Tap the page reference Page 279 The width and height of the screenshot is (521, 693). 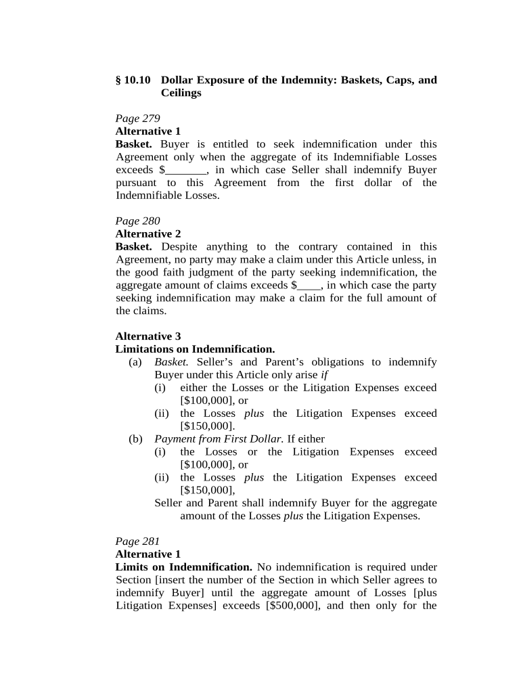click(x=137, y=118)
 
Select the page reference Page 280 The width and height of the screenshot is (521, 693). click(x=137, y=221)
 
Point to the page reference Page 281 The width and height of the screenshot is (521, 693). click(x=137, y=541)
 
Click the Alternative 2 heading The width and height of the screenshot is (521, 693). click(x=148, y=233)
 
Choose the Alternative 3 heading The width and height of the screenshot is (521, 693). click(x=148, y=336)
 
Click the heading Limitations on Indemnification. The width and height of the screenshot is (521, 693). click(x=195, y=349)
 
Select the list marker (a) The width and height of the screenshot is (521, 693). click(x=135, y=362)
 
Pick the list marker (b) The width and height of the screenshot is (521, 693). click(x=135, y=439)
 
